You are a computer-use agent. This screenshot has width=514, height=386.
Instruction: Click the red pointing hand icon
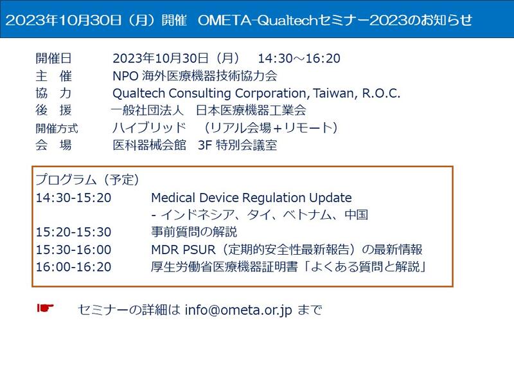coord(45,308)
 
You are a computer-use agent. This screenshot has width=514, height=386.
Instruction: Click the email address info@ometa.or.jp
coord(238,310)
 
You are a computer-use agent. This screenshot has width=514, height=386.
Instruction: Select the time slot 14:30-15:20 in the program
coord(73,198)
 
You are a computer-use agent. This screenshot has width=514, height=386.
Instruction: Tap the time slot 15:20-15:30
coord(73,232)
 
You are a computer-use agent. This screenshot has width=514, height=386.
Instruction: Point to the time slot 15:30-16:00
coord(73,250)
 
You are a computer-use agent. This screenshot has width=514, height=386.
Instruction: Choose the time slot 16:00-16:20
coord(73,267)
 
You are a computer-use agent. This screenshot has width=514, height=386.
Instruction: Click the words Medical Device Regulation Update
coord(251,198)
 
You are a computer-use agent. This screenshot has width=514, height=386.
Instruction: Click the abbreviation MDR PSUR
coord(183,250)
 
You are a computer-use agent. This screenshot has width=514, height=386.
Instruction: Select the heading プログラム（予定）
coord(87,179)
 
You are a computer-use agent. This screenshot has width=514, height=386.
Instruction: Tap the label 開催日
coord(53,59)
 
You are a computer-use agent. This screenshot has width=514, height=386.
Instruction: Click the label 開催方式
coord(57,128)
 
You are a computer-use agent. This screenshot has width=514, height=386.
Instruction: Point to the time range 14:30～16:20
coord(299,59)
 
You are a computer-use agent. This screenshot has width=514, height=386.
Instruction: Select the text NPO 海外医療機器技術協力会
coord(195,76)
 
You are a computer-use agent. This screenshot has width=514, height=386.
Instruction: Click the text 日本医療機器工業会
coord(251,110)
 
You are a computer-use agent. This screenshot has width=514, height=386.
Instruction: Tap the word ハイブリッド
coord(150,127)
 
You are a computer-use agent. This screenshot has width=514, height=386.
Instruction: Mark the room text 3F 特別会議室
coord(238,145)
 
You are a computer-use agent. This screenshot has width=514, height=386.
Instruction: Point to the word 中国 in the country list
coord(357,215)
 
